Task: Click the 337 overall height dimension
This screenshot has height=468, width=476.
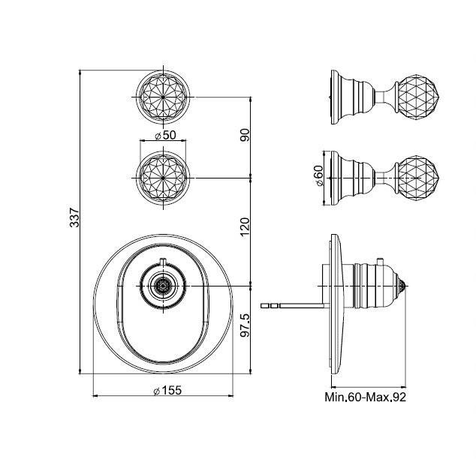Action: [74, 217]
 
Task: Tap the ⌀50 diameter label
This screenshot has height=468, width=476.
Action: [165, 135]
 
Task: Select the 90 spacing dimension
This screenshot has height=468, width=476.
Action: [245, 135]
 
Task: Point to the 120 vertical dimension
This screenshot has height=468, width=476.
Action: [245, 226]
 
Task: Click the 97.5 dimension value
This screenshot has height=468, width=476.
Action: [245, 325]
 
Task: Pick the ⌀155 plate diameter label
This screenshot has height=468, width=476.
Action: [167, 390]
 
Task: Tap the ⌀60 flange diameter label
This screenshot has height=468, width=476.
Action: [319, 175]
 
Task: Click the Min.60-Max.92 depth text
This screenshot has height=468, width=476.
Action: [365, 397]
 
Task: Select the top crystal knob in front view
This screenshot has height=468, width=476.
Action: [164, 97]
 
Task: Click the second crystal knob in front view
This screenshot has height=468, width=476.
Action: [164, 178]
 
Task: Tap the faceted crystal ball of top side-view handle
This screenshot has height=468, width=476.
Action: [417, 97]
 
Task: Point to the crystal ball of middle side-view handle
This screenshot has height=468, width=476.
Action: [417, 178]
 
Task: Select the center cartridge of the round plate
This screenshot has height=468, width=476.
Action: [163, 286]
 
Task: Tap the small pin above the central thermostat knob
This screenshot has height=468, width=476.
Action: [164, 262]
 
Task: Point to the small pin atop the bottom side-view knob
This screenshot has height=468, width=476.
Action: [379, 262]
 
